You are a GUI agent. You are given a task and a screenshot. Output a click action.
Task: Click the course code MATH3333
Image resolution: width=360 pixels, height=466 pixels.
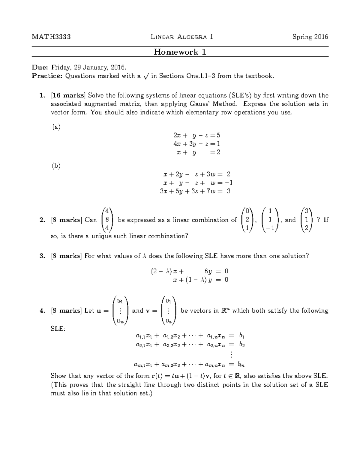pos(51,37)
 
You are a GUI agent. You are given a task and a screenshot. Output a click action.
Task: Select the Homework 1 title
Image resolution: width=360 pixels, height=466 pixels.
pos(180,52)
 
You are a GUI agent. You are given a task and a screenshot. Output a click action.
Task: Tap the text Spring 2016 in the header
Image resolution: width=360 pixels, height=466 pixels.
pos(310,37)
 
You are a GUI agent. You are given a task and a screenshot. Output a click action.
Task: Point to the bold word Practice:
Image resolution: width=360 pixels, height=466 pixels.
pos(47,76)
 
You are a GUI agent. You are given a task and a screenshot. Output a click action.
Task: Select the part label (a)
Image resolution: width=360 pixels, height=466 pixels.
pos(56,127)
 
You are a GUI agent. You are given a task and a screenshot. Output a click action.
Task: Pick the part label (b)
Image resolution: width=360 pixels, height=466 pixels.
pos(56,166)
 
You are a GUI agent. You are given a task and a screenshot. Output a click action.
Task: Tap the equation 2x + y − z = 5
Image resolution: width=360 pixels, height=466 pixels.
pos(197,135)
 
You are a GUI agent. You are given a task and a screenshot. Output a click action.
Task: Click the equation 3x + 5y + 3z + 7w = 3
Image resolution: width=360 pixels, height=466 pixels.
pos(195,191)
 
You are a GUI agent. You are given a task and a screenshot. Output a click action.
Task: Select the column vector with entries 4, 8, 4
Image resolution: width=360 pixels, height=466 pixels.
pos(107,220)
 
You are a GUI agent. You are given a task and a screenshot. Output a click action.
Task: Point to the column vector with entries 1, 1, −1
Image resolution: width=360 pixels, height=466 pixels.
pos(270,220)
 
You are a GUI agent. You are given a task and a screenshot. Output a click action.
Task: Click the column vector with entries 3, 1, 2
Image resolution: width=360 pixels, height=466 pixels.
pos(306,220)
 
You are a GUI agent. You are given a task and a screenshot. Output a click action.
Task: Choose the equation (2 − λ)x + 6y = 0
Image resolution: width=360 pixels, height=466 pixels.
pos(189,271)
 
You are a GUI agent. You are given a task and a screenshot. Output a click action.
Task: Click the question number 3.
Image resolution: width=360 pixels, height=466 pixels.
pos(42,256)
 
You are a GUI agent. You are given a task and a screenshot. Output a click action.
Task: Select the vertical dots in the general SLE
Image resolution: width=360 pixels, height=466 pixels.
pos(231,355)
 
